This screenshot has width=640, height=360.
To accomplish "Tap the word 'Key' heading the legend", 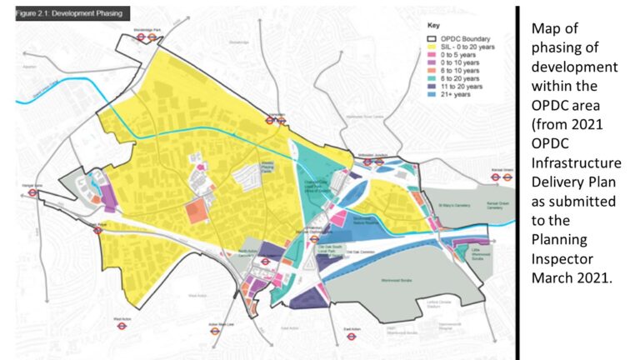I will [434, 25].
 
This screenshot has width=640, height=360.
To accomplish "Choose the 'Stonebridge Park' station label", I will [147, 29].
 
